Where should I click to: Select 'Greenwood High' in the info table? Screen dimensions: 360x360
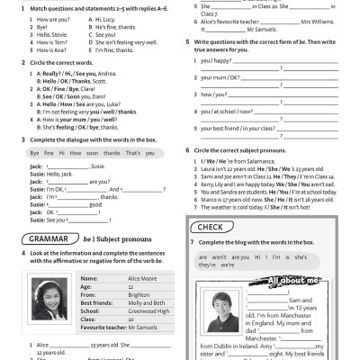point(146,310)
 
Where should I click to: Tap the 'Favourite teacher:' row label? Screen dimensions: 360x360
point(103,327)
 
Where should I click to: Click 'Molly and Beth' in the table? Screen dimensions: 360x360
point(145,302)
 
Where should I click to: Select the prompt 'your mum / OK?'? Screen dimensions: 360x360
point(220,77)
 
